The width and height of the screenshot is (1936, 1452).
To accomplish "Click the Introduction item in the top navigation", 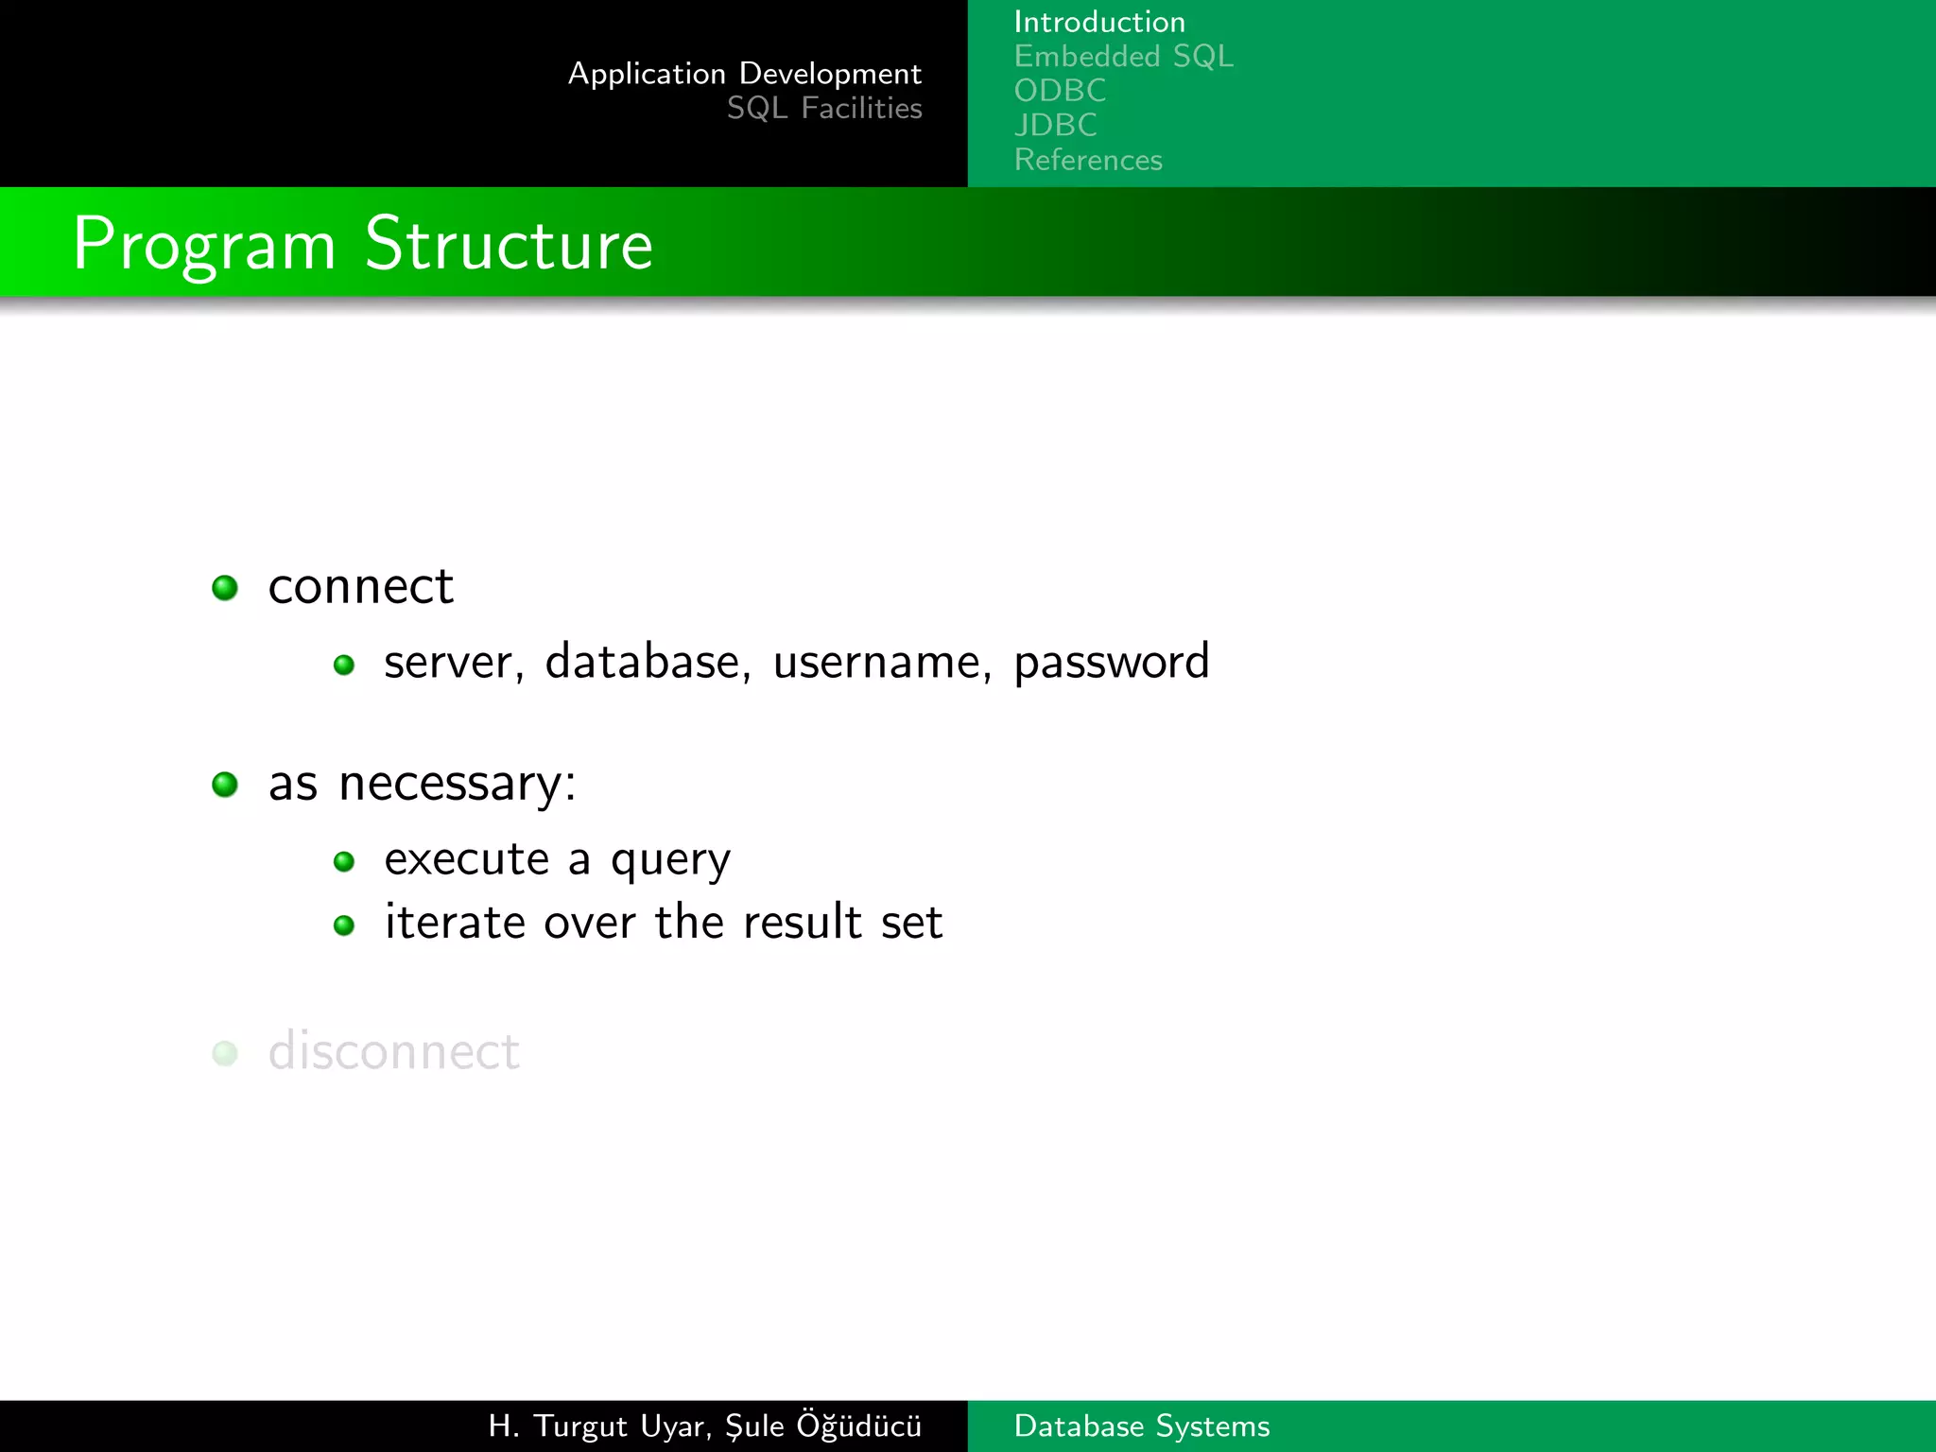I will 1098,22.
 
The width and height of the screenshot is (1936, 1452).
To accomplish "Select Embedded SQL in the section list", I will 1123,57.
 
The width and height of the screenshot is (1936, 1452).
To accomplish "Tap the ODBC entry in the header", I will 1060,91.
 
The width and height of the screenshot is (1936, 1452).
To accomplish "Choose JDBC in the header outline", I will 1055,125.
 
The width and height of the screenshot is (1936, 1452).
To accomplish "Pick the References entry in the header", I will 1088,160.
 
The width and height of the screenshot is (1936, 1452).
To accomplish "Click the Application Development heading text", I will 744,74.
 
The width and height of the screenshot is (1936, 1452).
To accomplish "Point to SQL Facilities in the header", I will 823,109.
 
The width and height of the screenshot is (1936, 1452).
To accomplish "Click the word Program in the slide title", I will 204,245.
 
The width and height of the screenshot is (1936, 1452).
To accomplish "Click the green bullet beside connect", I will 225,588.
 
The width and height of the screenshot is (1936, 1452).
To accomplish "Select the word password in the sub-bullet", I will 1111,662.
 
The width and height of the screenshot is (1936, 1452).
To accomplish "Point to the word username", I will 882,661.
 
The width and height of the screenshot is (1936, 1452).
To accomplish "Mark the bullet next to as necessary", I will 225,785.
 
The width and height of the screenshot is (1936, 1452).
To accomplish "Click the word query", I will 670,860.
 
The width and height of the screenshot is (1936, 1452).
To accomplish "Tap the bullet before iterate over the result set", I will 344,925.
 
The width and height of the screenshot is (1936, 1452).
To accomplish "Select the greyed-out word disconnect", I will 393,1051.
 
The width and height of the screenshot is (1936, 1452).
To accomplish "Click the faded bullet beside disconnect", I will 225,1053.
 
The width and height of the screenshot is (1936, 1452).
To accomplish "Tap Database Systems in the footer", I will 1141,1426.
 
